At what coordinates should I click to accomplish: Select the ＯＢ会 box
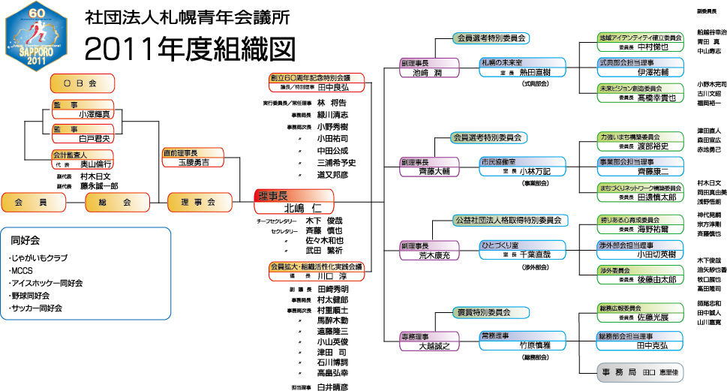pyautogui.click(x=83, y=82)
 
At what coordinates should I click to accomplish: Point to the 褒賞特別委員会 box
pyautogui.click(x=483, y=311)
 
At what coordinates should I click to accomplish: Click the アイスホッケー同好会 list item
pyautogui.click(x=46, y=283)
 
